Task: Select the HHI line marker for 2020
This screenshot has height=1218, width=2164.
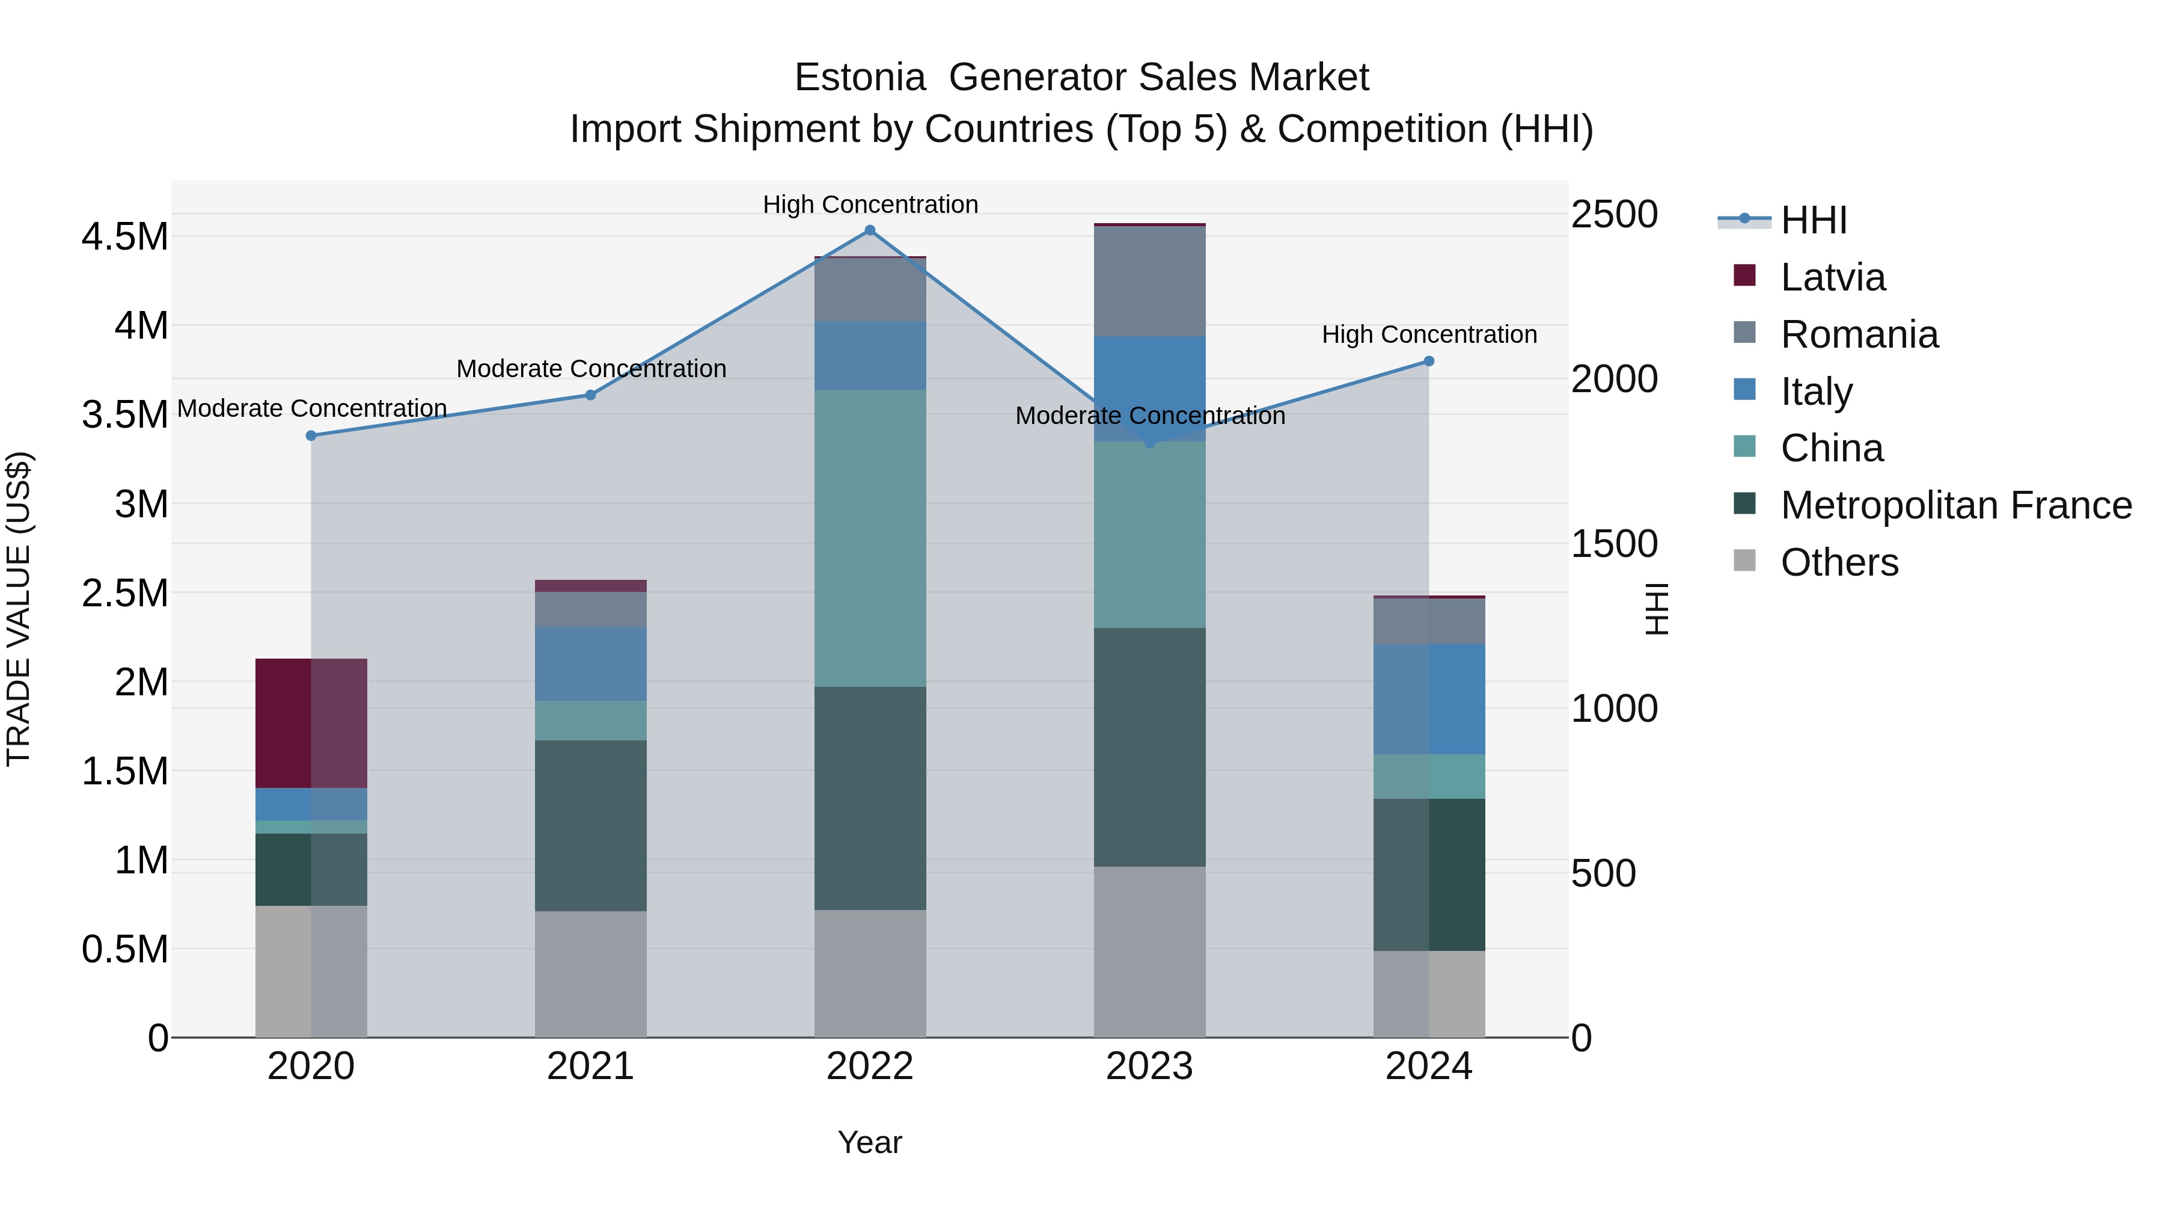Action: (x=311, y=435)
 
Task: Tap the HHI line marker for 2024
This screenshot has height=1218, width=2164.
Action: (x=1428, y=361)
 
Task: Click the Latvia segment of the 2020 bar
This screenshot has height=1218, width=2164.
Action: (x=311, y=723)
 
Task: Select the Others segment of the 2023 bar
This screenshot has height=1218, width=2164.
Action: (x=1149, y=952)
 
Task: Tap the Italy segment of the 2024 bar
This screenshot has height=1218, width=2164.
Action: (x=1428, y=700)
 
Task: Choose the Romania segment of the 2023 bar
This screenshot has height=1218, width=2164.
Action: (x=1149, y=281)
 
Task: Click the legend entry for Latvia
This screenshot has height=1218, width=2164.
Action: (x=1832, y=277)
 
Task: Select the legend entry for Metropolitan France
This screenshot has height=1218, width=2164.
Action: (x=1955, y=505)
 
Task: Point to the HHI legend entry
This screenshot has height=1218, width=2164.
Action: (x=1813, y=220)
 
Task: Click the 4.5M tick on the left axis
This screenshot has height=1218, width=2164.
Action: (x=125, y=237)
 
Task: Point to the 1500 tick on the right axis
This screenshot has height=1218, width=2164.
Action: (x=1614, y=544)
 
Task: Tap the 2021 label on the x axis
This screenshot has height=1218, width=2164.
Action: (x=590, y=1066)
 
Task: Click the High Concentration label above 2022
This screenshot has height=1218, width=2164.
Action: (x=870, y=205)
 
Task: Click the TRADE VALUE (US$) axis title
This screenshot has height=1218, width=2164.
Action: (x=19, y=609)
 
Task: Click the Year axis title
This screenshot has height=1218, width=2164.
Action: (x=869, y=1142)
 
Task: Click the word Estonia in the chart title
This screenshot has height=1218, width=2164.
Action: (x=860, y=78)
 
